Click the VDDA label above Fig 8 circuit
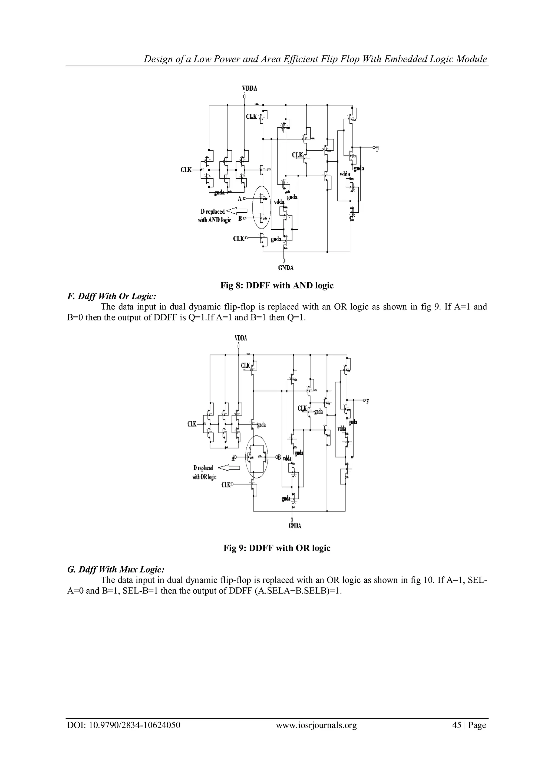click(249, 88)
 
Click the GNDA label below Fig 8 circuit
click(286, 268)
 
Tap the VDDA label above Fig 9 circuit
click(240, 338)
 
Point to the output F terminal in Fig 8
click(377, 148)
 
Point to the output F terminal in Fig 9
click(366, 401)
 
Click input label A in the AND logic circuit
click(239, 199)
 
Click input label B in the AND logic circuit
click(240, 218)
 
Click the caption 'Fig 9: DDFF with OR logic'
click(277, 548)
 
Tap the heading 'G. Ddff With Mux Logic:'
click(116, 569)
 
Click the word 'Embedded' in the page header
click(405, 59)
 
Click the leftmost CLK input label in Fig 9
click(192, 424)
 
